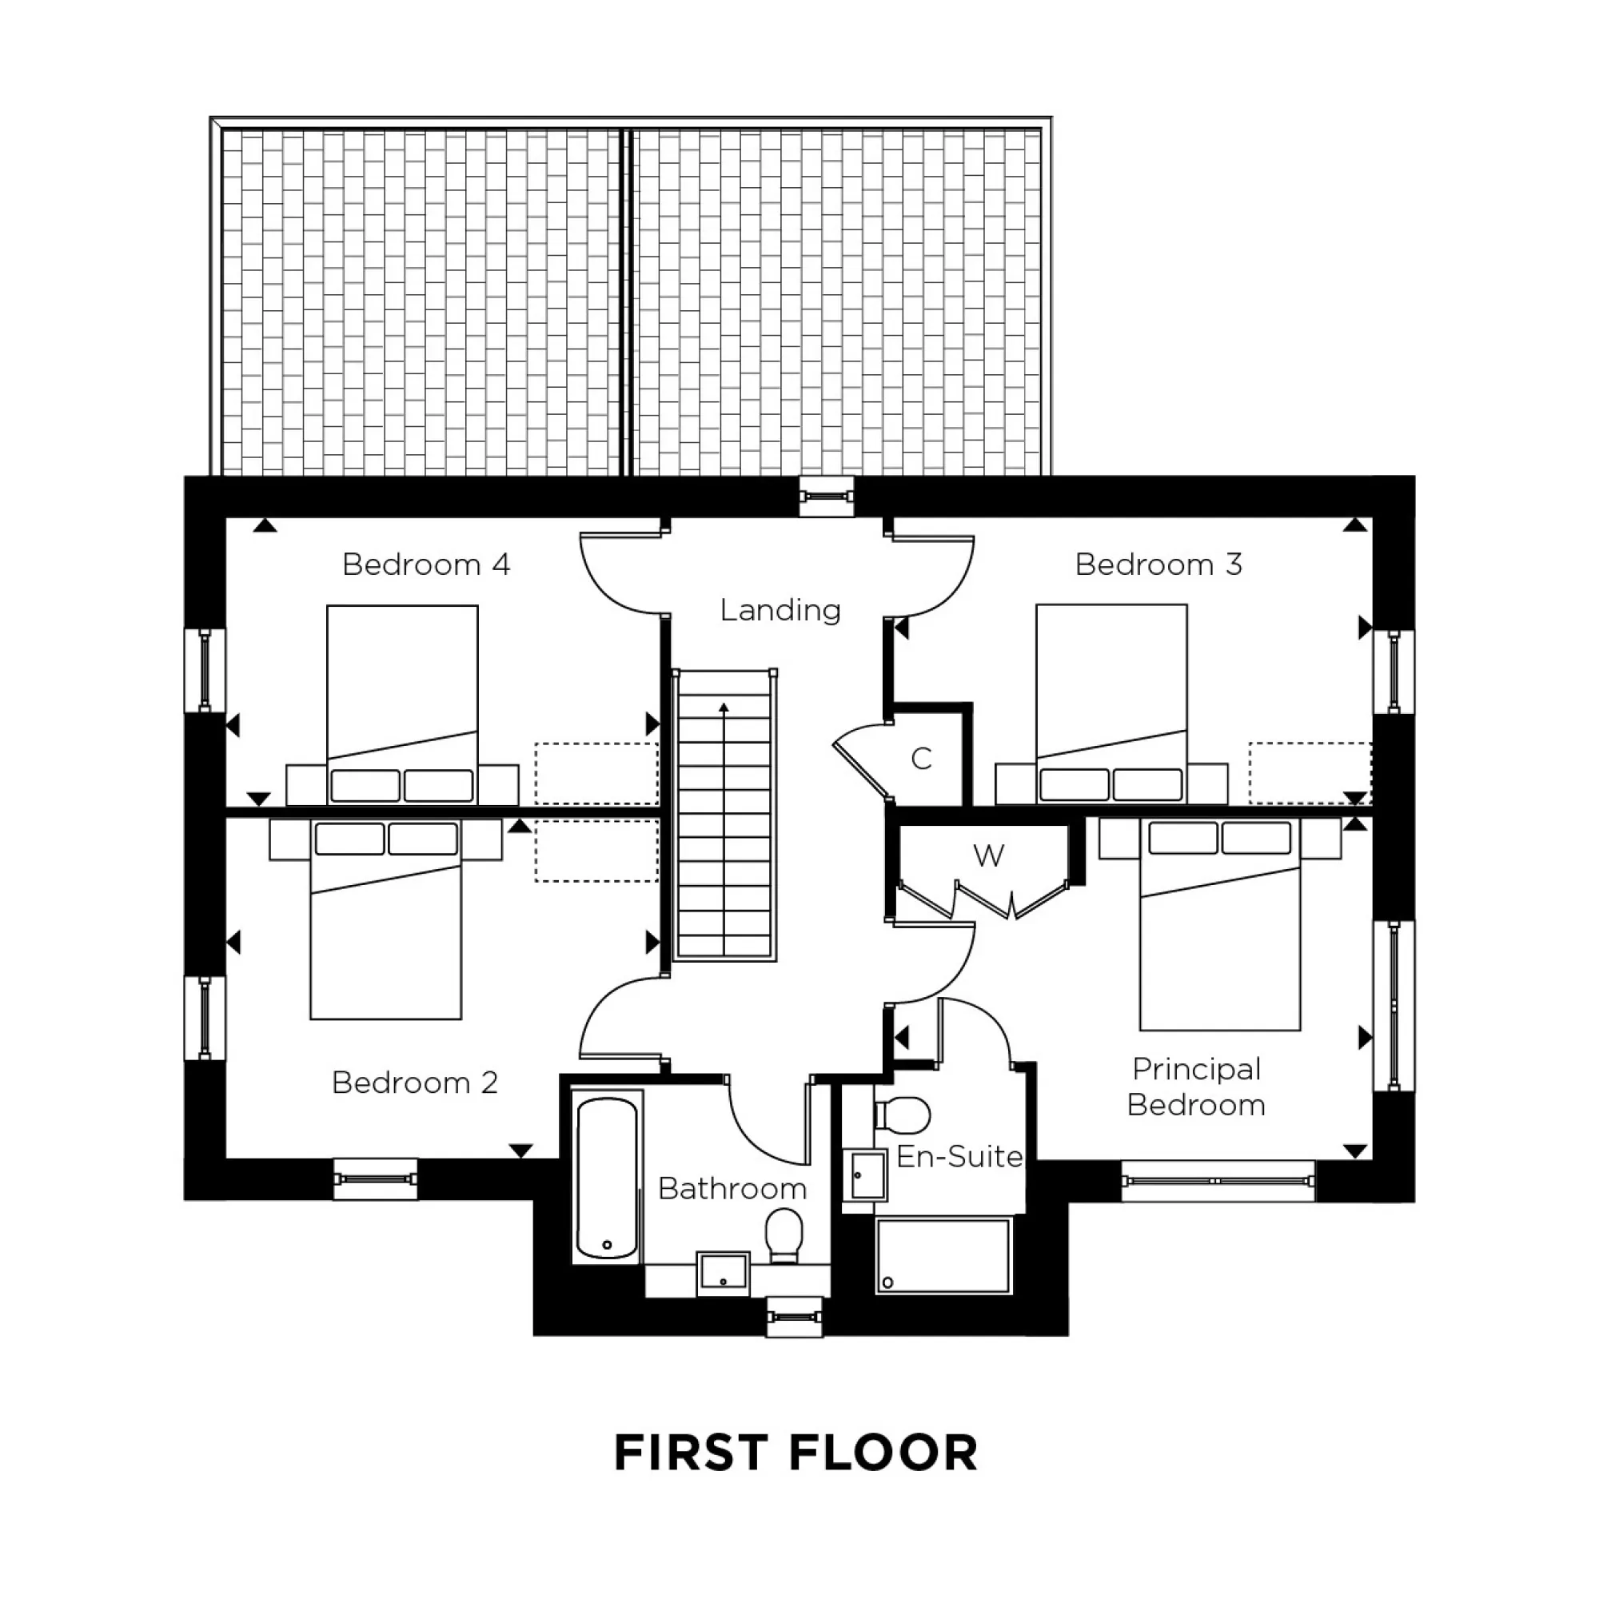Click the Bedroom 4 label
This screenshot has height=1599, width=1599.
(425, 565)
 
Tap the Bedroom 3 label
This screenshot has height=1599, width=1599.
(1158, 565)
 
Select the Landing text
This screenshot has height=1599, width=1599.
(780, 611)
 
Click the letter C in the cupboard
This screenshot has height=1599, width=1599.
(921, 759)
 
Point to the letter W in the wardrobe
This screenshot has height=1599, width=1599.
(988, 855)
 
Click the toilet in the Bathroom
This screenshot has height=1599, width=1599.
(784, 1235)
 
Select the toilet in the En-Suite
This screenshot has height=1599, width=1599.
(903, 1115)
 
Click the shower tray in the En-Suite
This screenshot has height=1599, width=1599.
(943, 1255)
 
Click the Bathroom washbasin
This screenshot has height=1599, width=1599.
(723, 1273)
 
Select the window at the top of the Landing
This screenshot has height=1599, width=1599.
(826, 496)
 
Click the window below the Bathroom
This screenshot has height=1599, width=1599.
(795, 1316)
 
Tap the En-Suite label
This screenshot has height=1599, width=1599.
(959, 1157)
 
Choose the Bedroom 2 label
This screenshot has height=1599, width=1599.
(415, 1083)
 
